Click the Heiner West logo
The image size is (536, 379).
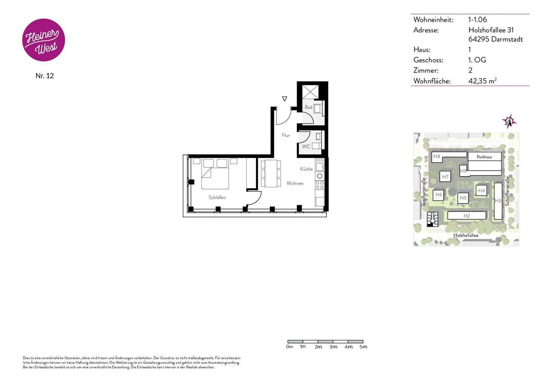[44, 40]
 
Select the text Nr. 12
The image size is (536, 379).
[45, 76]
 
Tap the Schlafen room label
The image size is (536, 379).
[217, 197]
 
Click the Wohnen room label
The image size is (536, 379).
[295, 183]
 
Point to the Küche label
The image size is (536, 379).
[306, 169]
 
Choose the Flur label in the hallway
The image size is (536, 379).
[285, 136]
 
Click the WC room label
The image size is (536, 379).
[306, 147]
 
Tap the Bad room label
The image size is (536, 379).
[308, 107]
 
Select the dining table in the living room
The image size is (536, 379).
[271, 173]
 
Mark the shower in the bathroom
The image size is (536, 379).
[310, 92]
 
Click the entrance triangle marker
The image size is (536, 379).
[285, 99]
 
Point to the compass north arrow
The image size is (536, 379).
[509, 121]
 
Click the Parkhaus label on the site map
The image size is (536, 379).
[484, 157]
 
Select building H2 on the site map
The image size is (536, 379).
[467, 216]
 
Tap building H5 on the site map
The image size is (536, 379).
[463, 198]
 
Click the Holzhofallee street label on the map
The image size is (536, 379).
[466, 235]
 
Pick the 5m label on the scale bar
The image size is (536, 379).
[363, 347]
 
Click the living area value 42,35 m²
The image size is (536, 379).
[482, 81]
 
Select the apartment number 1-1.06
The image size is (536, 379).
[478, 20]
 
